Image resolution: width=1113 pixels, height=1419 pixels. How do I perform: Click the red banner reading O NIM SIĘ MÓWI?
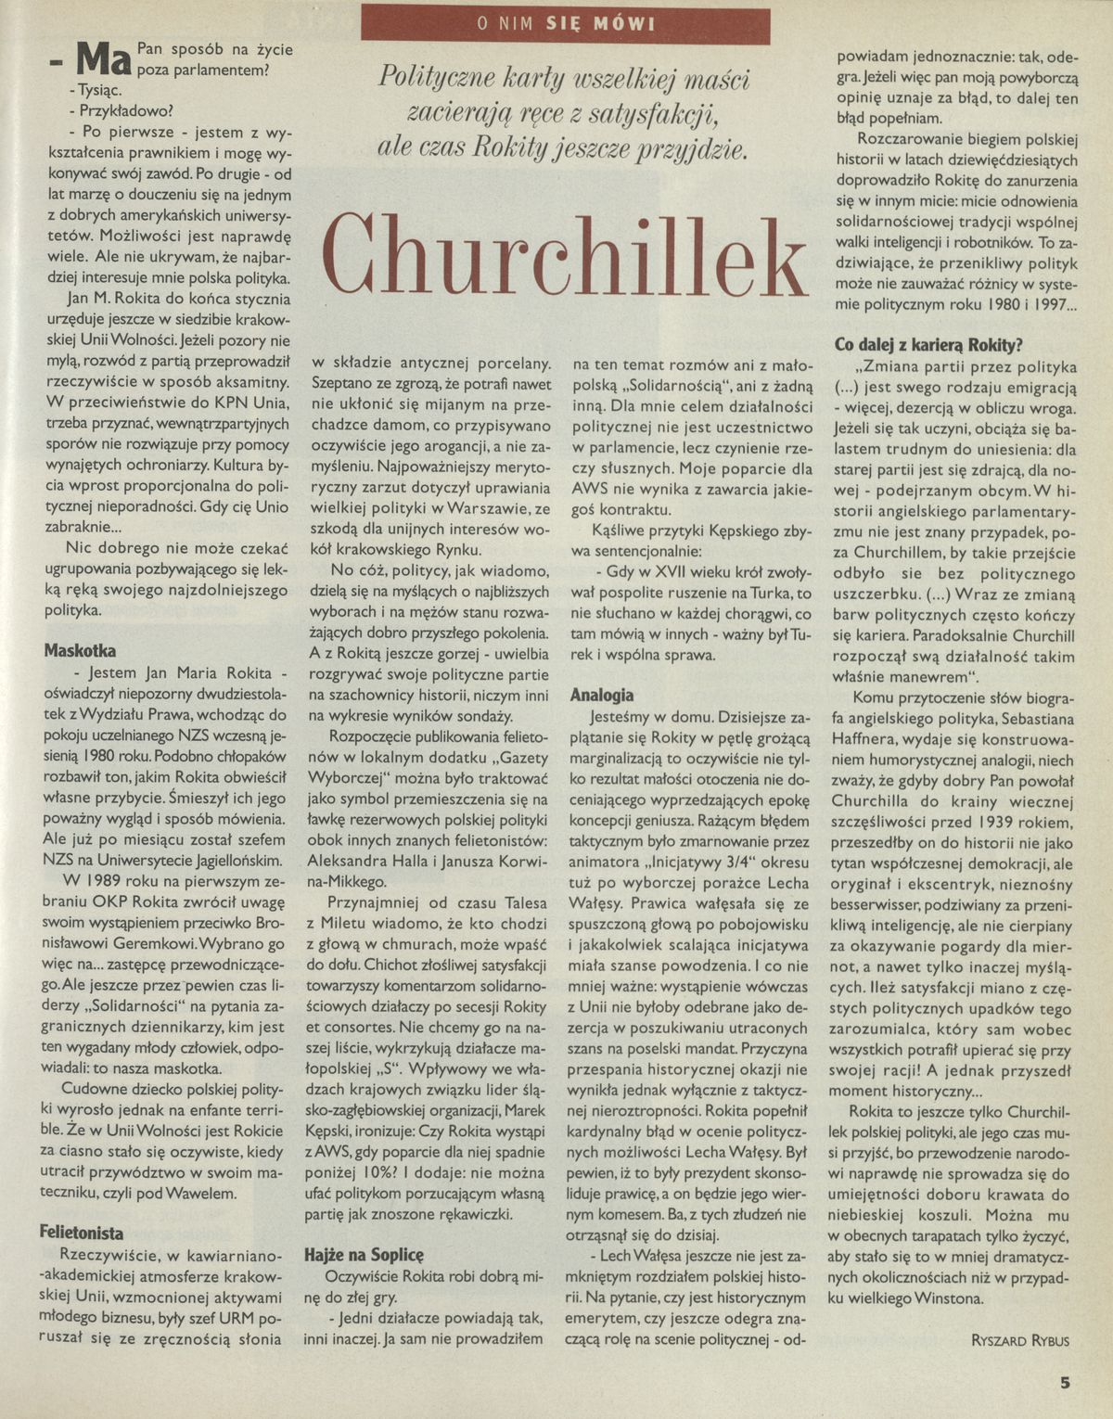click(x=565, y=25)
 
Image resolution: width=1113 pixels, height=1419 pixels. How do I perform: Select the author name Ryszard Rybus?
click(x=1019, y=1339)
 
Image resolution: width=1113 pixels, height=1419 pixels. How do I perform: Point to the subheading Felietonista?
click(x=82, y=1233)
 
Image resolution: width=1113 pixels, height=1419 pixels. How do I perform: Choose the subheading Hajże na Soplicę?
click(x=364, y=1254)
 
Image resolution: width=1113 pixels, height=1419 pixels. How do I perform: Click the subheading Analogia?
click(x=602, y=695)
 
